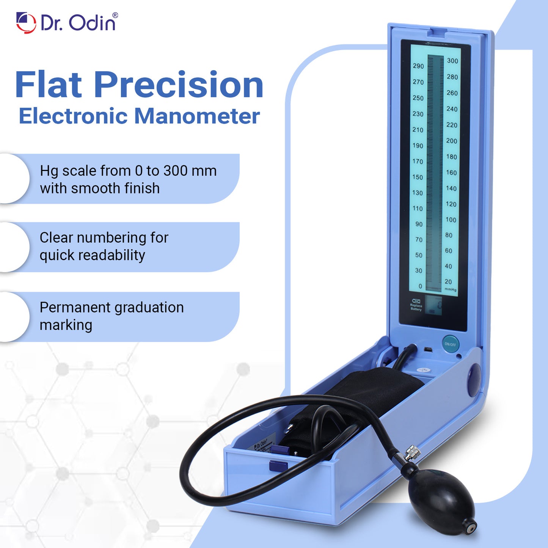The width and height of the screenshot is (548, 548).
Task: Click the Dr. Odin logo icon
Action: tap(26, 23)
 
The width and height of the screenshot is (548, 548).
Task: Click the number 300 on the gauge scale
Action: tap(452, 61)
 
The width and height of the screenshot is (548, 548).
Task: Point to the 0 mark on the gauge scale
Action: tap(420, 286)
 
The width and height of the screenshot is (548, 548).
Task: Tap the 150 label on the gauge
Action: tap(418, 177)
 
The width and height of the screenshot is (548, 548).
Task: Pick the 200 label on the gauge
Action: tap(451, 141)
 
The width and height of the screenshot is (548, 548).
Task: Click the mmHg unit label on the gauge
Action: tap(451, 289)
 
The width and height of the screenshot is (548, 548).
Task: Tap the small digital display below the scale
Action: tap(433, 305)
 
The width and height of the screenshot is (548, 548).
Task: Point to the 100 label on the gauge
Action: tap(451, 220)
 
